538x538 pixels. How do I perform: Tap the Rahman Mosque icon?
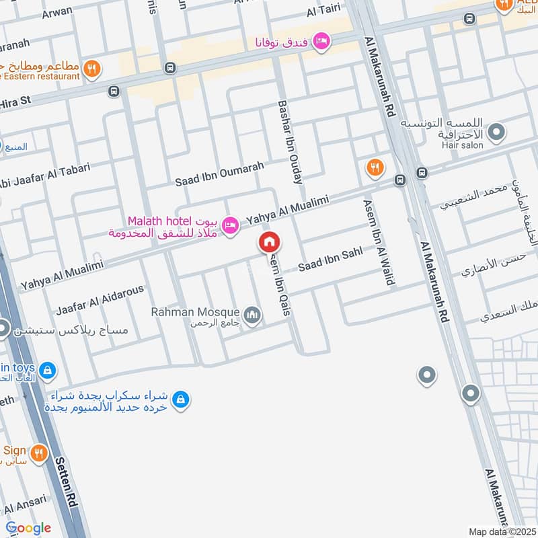[x=253, y=315]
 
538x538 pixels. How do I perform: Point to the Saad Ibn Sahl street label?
[x=330, y=260]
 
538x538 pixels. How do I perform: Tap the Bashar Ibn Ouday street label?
[x=290, y=143]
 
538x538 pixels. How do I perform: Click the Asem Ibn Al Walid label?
[x=379, y=242]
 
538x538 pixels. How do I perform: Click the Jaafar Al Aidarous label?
[x=100, y=299]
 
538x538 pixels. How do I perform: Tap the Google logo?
[x=28, y=528]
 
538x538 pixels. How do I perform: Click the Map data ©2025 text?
[x=502, y=532]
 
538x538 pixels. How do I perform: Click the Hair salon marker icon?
[x=496, y=132]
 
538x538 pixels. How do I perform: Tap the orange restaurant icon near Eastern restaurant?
[x=93, y=69]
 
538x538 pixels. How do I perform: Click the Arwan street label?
[x=57, y=13]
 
